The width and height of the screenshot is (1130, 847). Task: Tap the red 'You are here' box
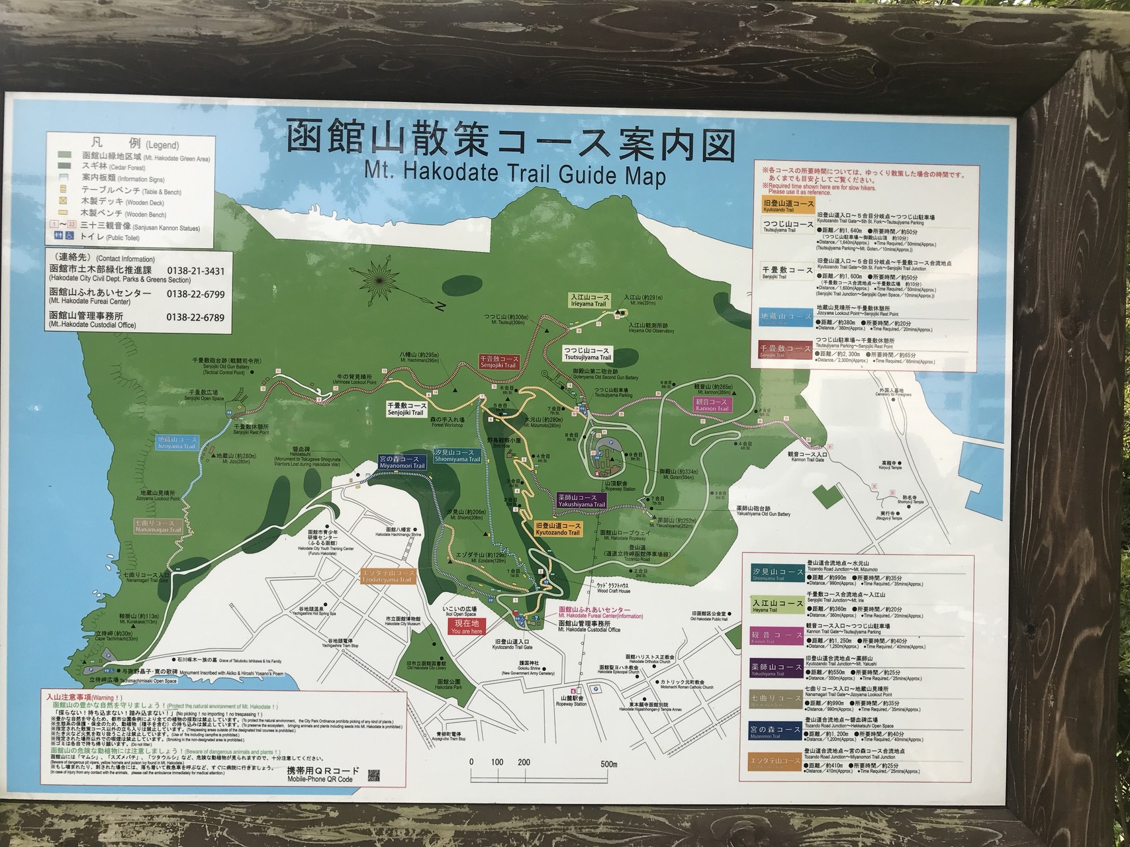pyautogui.click(x=467, y=626)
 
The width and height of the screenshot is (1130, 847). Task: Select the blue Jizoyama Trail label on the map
pyautogui.click(x=177, y=443)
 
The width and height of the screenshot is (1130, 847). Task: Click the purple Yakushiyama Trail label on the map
pyautogui.click(x=581, y=501)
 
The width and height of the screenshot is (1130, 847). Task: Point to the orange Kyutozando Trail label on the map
pyautogui.click(x=557, y=528)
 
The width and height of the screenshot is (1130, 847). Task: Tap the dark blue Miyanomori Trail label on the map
pyautogui.click(x=402, y=461)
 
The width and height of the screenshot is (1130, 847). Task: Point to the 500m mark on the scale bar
pyautogui.click(x=610, y=762)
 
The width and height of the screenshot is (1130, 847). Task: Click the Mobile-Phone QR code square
pyautogui.click(x=375, y=774)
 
